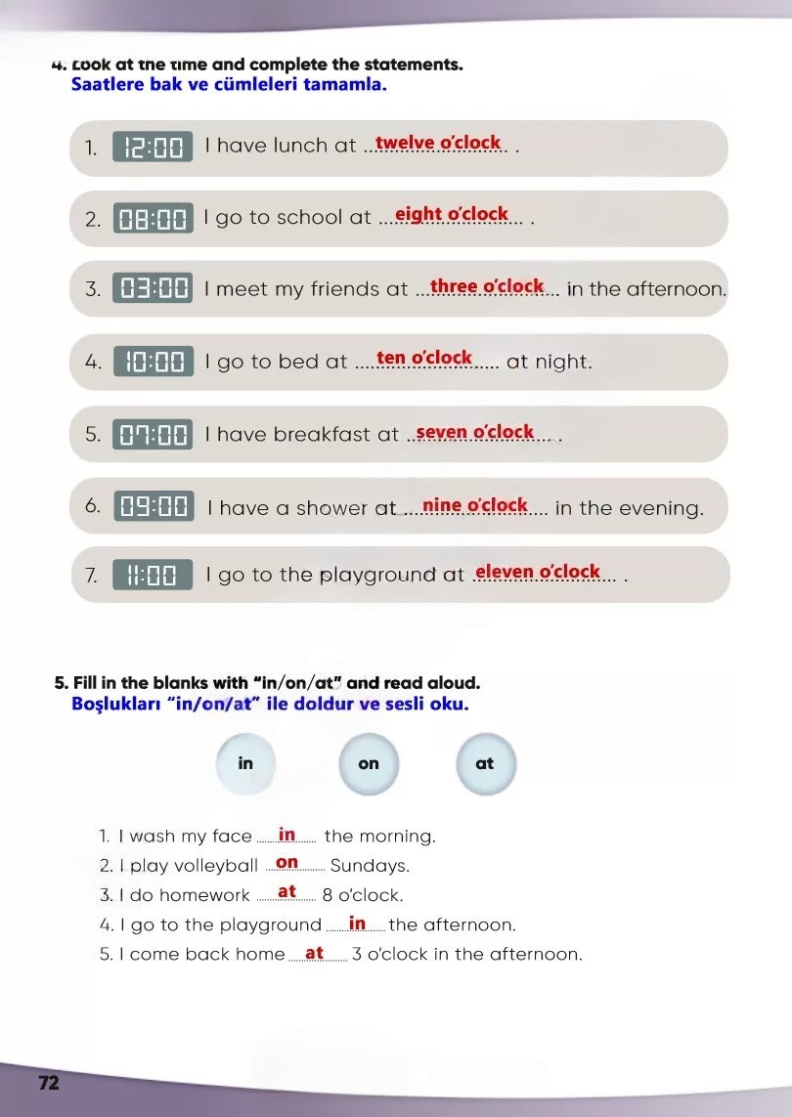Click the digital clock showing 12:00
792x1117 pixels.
pyautogui.click(x=153, y=148)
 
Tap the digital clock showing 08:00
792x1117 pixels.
pyautogui.click(x=153, y=219)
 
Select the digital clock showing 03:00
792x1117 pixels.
pyautogui.click(x=153, y=288)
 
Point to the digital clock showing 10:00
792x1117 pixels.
pyautogui.click(x=154, y=362)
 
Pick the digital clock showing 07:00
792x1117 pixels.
pyautogui.click(x=153, y=434)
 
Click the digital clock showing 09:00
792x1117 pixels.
pyautogui.click(x=154, y=506)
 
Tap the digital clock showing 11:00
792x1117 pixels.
pyautogui.click(x=153, y=575)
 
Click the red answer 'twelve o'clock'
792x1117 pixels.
pyautogui.click(x=438, y=143)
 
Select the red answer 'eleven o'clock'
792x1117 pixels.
pyautogui.click(x=538, y=572)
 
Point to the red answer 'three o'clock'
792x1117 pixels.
pyautogui.click(x=487, y=286)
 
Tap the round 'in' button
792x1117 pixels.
pyautogui.click(x=245, y=763)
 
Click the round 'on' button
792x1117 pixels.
pyautogui.click(x=369, y=763)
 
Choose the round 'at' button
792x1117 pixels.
pyautogui.click(x=485, y=763)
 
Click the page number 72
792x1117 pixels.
pyautogui.click(x=49, y=1083)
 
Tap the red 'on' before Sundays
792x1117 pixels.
pyautogui.click(x=286, y=863)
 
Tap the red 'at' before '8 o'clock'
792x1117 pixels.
pyautogui.click(x=286, y=892)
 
